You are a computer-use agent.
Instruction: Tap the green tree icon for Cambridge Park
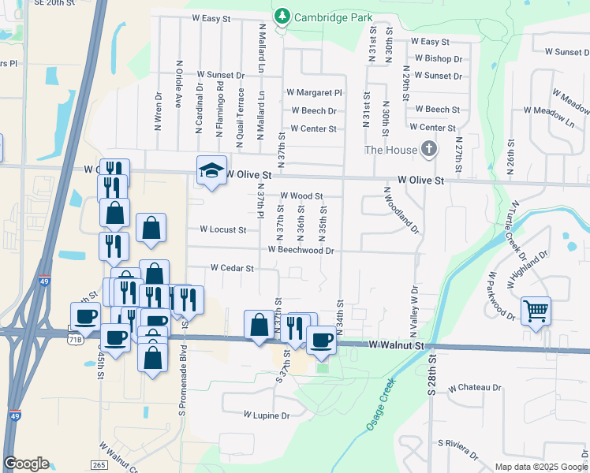coord(282,16)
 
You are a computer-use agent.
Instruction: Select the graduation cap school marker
coord(211,169)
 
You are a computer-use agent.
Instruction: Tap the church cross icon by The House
coord(428,148)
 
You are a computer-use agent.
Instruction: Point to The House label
coord(389,150)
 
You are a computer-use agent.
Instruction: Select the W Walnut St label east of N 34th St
coord(398,345)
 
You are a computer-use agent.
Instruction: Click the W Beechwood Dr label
coord(301,250)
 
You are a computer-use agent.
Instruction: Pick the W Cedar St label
coord(231,268)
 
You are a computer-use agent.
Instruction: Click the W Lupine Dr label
coord(267,415)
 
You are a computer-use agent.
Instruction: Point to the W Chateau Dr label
coord(474,388)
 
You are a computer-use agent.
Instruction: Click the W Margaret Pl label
coord(315,93)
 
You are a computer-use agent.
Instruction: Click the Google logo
coord(26,464)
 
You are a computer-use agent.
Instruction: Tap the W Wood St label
coord(301,196)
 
